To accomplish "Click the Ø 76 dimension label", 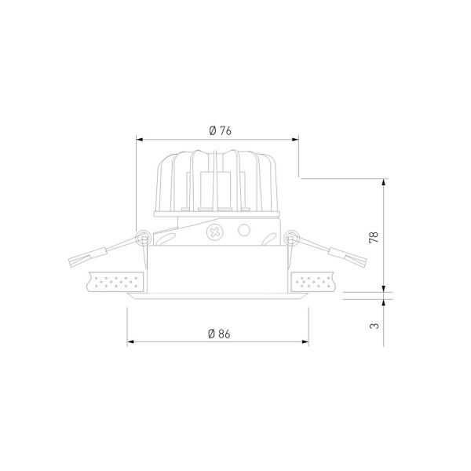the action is click(x=221, y=130).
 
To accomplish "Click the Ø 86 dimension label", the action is click(x=219, y=334).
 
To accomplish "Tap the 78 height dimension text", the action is click(x=374, y=237).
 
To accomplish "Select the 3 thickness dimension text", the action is click(x=374, y=326).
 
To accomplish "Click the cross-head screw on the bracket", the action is click(x=215, y=232).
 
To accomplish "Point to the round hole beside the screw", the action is click(x=244, y=230).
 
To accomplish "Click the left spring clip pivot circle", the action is click(x=143, y=237).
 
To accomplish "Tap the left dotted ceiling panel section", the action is click(x=116, y=282).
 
